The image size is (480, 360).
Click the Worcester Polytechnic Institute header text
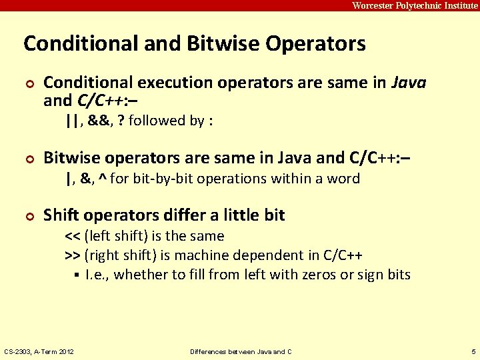[415, 5]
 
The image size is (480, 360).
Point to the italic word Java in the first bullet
[408, 83]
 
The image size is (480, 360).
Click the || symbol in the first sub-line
[72, 121]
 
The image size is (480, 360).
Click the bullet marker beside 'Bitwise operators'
[28, 159]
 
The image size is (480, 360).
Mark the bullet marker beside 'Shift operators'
[28, 216]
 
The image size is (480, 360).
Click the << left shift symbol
[73, 236]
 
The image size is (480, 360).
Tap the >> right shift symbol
[73, 255]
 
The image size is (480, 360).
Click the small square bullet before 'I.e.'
[77, 275]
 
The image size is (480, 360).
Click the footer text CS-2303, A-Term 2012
[39, 351]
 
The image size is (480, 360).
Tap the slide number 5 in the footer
[472, 351]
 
